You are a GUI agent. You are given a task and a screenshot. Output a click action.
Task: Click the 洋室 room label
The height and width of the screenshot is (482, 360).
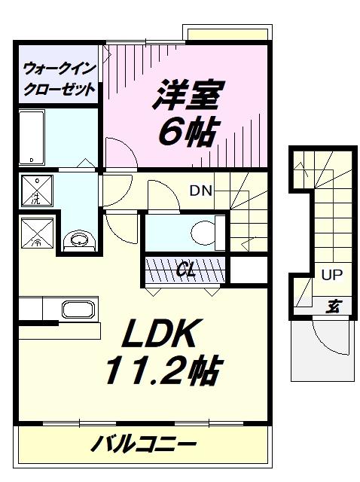(x=188, y=94)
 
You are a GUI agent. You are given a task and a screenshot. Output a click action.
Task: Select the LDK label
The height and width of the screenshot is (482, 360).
(x=159, y=334)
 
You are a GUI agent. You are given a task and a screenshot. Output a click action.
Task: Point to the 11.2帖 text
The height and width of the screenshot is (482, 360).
(x=163, y=371)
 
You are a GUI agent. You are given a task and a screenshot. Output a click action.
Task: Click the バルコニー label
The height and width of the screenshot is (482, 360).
(x=144, y=444)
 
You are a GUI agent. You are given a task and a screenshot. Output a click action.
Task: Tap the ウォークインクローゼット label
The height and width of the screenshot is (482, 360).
(x=59, y=79)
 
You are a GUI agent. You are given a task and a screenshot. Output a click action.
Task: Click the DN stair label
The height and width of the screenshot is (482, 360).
(x=201, y=191)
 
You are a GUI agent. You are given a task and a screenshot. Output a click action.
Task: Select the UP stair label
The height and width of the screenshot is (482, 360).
(x=331, y=274)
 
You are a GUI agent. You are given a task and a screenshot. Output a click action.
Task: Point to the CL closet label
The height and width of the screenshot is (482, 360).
(x=187, y=270)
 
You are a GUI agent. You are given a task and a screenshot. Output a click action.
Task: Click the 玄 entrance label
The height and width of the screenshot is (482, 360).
(x=333, y=306)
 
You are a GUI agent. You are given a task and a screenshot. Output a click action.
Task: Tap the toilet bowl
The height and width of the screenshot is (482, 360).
(x=203, y=233)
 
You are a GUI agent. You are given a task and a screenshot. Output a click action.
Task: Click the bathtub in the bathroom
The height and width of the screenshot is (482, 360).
(x=32, y=138)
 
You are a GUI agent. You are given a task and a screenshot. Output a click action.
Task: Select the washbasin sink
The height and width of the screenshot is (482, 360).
(x=80, y=239)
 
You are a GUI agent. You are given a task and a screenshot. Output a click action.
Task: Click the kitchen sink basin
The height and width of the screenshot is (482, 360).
(x=78, y=310)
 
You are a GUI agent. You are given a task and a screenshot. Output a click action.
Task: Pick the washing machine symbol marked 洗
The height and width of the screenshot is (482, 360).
(x=37, y=191)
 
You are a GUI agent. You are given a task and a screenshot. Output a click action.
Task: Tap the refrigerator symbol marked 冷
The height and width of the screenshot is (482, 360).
(x=37, y=233)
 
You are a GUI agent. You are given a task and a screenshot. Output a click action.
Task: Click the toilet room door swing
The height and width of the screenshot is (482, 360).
(x=168, y=188)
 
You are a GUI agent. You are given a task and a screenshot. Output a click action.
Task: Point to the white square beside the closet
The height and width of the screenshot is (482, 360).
(x=249, y=270)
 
